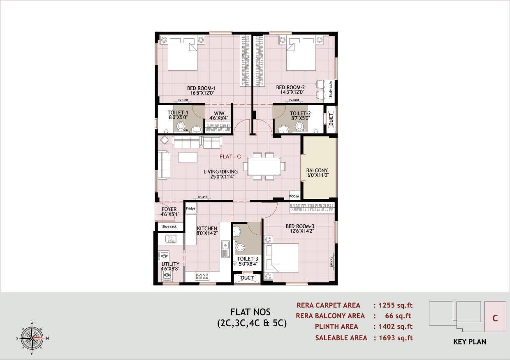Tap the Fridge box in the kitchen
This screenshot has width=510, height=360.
[190, 209]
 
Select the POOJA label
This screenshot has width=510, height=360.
[294, 196]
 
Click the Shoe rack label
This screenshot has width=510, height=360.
[169, 226]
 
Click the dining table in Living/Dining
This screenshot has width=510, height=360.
[264, 166]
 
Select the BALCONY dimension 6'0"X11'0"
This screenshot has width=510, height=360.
[317, 176]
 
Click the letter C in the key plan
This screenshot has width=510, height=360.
[495, 318]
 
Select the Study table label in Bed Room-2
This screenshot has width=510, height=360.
[331, 89]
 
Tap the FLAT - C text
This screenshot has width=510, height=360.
[230, 157]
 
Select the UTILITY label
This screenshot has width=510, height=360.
[170, 264]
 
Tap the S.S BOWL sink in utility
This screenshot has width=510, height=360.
[171, 239]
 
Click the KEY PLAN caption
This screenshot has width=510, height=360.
[469, 342]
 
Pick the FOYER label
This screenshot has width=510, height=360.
[169, 210]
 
